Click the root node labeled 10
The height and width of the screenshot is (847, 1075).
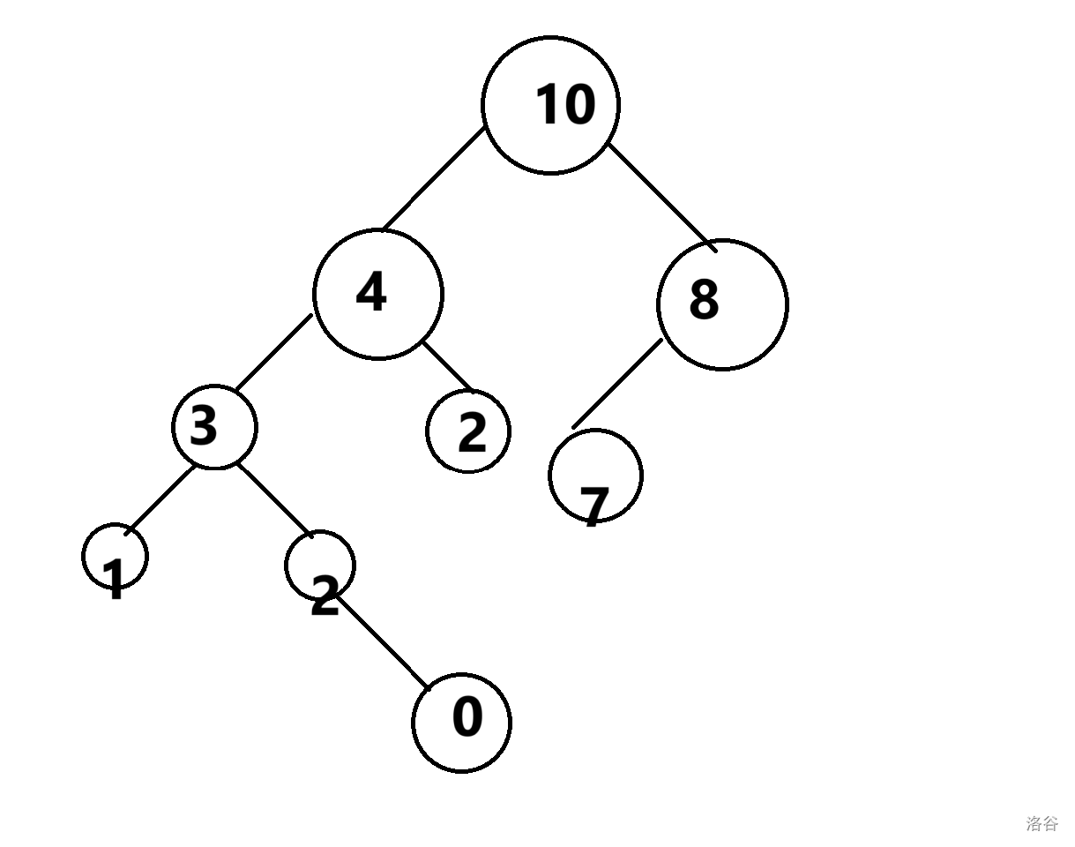pos(550,105)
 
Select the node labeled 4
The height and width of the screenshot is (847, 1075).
pos(377,294)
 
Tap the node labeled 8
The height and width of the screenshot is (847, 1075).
pos(722,304)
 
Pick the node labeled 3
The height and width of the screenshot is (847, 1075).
pos(214,427)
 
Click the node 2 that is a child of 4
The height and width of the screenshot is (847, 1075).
pos(468,431)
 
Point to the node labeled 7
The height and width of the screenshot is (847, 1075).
pos(595,476)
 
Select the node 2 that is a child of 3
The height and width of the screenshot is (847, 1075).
pos(320,566)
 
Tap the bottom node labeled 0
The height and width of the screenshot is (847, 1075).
pos(461,722)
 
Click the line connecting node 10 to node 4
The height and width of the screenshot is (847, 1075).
pos(434,178)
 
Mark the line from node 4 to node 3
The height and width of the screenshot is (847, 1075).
pos(273,351)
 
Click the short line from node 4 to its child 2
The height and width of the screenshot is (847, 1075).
pos(447,366)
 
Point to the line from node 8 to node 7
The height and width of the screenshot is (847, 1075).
pos(617,384)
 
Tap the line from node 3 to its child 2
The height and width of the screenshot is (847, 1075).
pos(274,498)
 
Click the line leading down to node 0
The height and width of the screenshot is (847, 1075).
pos(381,641)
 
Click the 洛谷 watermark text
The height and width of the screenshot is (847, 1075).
pos(1041,824)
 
